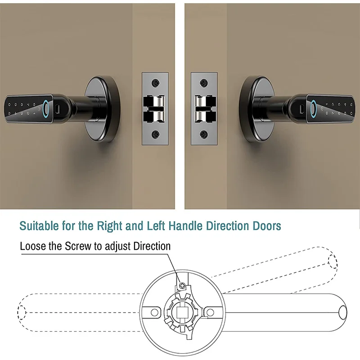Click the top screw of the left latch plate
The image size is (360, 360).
pyautogui.click(x=155, y=83)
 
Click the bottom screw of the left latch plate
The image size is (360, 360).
pyautogui.click(x=155, y=134)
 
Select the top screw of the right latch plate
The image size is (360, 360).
pyautogui.click(x=204, y=83)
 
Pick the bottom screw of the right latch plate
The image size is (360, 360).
pyautogui.click(x=204, y=134)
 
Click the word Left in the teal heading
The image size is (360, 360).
pyautogui.click(x=155, y=225)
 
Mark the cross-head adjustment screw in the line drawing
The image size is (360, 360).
pyautogui.click(x=182, y=285)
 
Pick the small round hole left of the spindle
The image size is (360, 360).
pyautogui.click(x=154, y=312)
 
